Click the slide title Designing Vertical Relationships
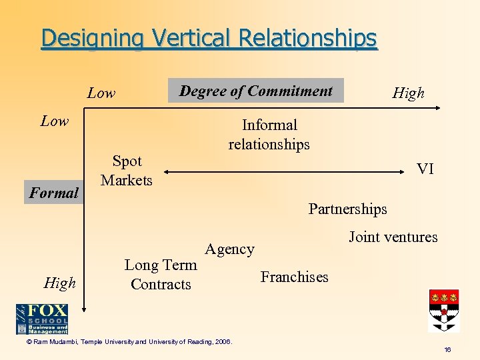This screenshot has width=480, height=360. click(x=209, y=38)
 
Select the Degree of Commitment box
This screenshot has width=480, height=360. click(x=256, y=91)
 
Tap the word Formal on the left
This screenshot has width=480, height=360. click(x=54, y=193)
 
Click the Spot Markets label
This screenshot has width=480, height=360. click(x=127, y=171)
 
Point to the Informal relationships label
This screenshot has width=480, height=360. click(x=269, y=135)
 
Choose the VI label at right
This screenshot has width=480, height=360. click(x=425, y=169)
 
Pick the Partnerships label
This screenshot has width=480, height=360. click(x=347, y=209)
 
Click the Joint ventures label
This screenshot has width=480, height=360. click(x=393, y=237)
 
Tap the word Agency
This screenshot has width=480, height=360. click(x=229, y=249)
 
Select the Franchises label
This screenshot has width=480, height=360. click(x=294, y=277)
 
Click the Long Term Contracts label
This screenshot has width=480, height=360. click(x=161, y=275)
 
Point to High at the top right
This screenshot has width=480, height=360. click(x=408, y=93)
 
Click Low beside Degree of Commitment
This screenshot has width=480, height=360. click(x=101, y=93)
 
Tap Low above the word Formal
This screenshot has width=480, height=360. click(x=55, y=121)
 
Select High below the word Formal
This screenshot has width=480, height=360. click(x=59, y=283)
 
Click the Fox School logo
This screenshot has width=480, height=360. click(x=42, y=319)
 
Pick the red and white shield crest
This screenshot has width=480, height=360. click(x=443, y=310)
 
